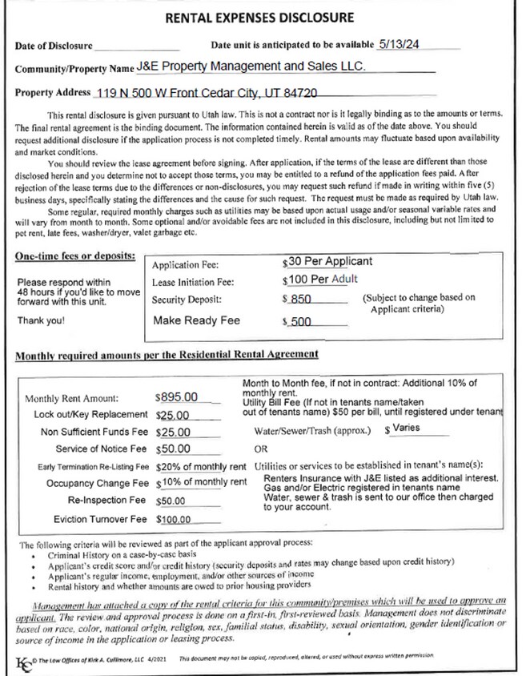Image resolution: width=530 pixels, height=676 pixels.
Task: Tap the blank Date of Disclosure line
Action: (137, 48)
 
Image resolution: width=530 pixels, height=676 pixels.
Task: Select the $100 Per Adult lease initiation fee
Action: (323, 280)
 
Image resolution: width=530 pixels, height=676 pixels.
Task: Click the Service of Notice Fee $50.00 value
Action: (173, 449)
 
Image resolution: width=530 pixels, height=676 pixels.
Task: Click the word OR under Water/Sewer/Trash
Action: (260, 449)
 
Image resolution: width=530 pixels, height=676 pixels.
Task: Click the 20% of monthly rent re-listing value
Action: (201, 466)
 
